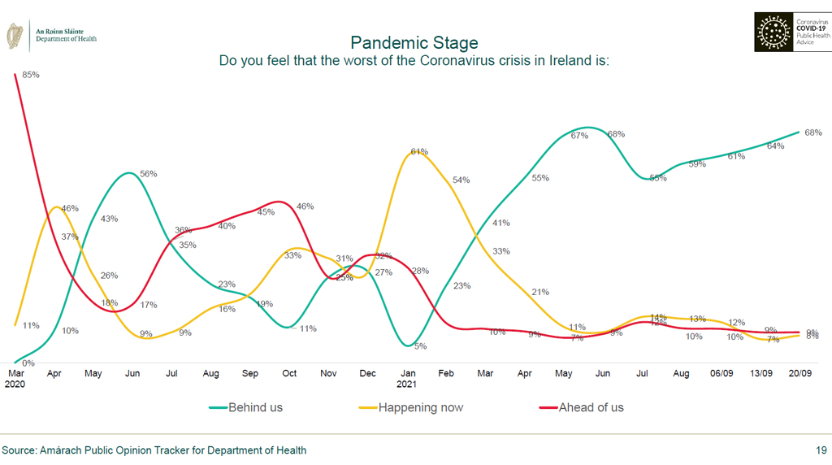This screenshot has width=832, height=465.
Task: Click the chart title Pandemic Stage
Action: [x=414, y=42]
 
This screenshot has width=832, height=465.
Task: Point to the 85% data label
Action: [x=31, y=75]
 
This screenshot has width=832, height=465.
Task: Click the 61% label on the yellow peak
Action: [x=419, y=152]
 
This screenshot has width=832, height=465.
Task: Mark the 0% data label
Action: [x=28, y=363]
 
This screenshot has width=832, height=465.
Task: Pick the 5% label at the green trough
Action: [x=420, y=346]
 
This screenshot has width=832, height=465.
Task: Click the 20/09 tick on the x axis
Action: [x=801, y=374]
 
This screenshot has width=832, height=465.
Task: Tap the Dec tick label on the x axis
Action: [x=368, y=374]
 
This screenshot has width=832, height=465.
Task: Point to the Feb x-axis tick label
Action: [x=446, y=374]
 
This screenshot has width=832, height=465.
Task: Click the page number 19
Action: [x=821, y=450]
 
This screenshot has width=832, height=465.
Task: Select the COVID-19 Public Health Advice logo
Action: [x=792, y=33]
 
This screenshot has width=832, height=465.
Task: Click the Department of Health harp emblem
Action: [x=15, y=35]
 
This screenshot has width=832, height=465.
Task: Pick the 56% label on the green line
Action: [x=148, y=174]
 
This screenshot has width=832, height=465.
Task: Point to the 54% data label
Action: [x=461, y=180]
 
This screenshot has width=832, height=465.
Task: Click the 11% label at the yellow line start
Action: [x=31, y=326]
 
